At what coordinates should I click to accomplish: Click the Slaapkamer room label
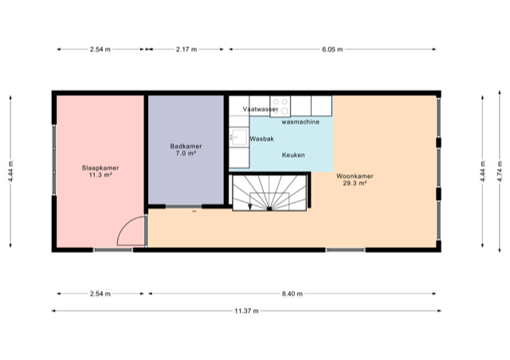(100, 168)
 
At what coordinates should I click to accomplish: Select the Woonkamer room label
(355, 176)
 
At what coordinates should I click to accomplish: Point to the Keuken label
(293, 155)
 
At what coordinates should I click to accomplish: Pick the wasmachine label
(300, 122)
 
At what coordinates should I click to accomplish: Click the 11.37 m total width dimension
(246, 311)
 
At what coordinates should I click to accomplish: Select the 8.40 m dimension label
(294, 294)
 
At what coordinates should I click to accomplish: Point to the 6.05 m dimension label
(332, 49)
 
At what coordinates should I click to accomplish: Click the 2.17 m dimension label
(186, 49)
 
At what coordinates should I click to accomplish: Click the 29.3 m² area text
(355, 183)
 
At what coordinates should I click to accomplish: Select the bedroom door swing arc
(127, 233)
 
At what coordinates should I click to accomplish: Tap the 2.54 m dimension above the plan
(100, 49)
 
